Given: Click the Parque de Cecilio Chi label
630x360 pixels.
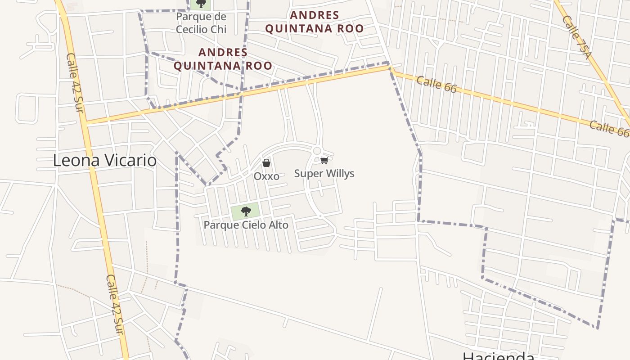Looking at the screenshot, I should pos(201,23).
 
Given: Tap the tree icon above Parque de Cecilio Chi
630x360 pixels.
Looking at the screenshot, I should pos(201,4).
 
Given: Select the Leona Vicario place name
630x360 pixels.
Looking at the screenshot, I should pos(105,161).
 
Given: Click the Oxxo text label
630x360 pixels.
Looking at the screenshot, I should pos(266,176).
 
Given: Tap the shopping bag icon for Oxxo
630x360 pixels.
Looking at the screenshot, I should pos(266,163).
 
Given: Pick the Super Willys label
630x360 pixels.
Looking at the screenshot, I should pos(324,173).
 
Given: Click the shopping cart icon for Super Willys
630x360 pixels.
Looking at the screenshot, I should pos(324,161).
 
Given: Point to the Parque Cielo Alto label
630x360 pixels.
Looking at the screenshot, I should pos(246,225).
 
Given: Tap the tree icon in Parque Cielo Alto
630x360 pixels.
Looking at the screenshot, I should pos(246,211).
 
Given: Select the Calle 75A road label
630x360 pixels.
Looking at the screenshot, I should pos(576,37).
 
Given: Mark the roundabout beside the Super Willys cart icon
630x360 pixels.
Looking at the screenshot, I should pos(317,151).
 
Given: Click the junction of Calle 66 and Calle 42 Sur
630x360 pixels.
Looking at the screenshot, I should pos(85,122).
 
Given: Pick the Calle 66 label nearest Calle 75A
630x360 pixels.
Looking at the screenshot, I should pos(609,128).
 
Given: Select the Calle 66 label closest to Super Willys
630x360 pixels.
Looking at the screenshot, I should pos(436,84).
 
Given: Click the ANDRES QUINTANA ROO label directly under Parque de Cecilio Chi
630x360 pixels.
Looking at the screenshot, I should pos(223,59).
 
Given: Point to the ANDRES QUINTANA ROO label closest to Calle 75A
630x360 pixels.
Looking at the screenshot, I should pos(314,22).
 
